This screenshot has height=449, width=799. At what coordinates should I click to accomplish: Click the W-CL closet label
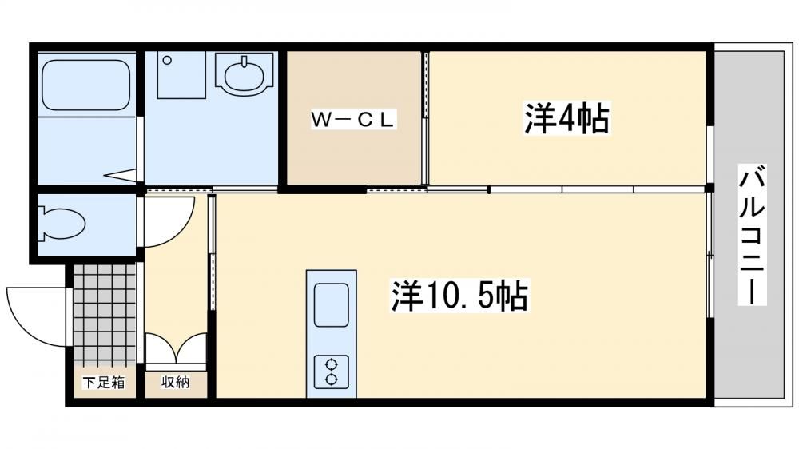(x=353, y=120)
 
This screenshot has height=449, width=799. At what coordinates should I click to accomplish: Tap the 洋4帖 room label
(x=566, y=118)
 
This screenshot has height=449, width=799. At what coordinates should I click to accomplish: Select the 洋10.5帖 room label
(x=459, y=295)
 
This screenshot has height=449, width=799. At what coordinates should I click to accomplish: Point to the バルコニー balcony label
(x=752, y=235)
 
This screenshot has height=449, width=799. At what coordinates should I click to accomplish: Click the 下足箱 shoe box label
(x=104, y=382)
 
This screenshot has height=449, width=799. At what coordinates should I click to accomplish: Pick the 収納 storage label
(x=175, y=382)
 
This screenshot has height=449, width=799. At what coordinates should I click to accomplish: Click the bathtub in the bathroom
(x=85, y=85)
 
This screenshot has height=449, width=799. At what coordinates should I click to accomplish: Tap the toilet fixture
(x=61, y=222)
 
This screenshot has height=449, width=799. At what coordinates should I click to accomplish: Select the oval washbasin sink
(x=244, y=75)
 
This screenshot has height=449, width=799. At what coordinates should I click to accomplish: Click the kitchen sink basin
(x=332, y=305)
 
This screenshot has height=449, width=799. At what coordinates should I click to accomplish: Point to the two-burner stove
(x=332, y=372)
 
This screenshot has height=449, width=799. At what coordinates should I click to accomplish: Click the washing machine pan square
(x=181, y=74)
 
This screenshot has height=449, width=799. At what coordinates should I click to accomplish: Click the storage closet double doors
(x=176, y=348)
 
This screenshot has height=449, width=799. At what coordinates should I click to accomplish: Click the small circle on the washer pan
(x=167, y=60)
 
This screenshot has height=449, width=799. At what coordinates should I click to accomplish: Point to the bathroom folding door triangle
(x=121, y=175)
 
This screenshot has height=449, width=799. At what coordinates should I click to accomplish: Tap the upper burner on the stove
(x=332, y=364)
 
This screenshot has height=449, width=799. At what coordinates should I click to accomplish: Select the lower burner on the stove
(x=332, y=379)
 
